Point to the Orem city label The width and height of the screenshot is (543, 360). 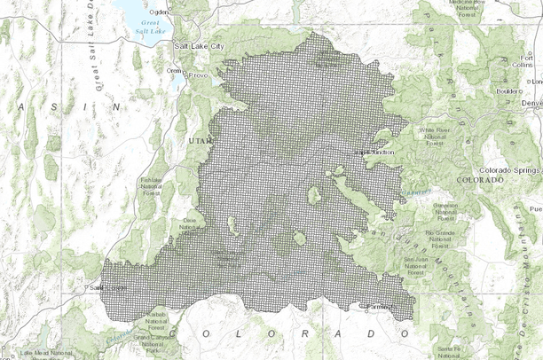(174, 70)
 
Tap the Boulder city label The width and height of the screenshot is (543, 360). (509, 90)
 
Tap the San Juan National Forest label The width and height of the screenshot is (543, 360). (415, 263)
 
